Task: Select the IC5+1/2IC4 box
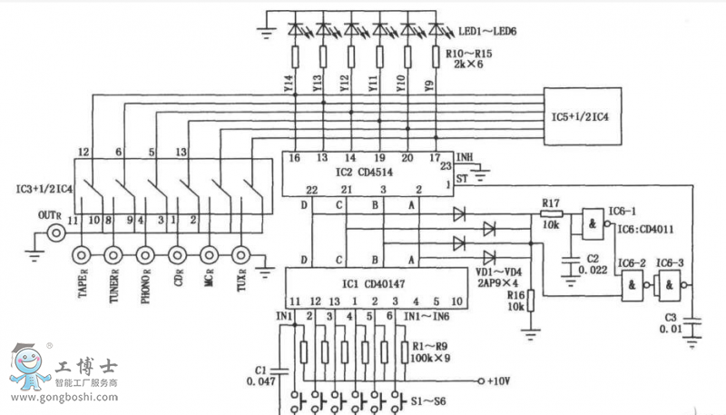582,117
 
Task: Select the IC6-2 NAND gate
631,288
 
